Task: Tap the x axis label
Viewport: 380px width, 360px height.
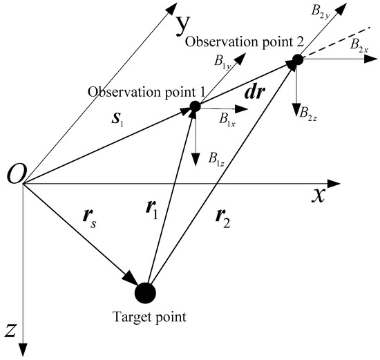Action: pyautogui.click(x=319, y=195)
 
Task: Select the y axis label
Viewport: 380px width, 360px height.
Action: pyautogui.click(x=182, y=26)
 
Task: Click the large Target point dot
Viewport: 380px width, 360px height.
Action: pyautogui.click(x=146, y=292)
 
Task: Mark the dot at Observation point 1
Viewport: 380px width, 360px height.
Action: pyautogui.click(x=196, y=106)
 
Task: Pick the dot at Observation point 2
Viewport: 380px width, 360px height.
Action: pyautogui.click(x=297, y=61)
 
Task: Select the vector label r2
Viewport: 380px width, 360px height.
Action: pyautogui.click(x=224, y=223)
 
